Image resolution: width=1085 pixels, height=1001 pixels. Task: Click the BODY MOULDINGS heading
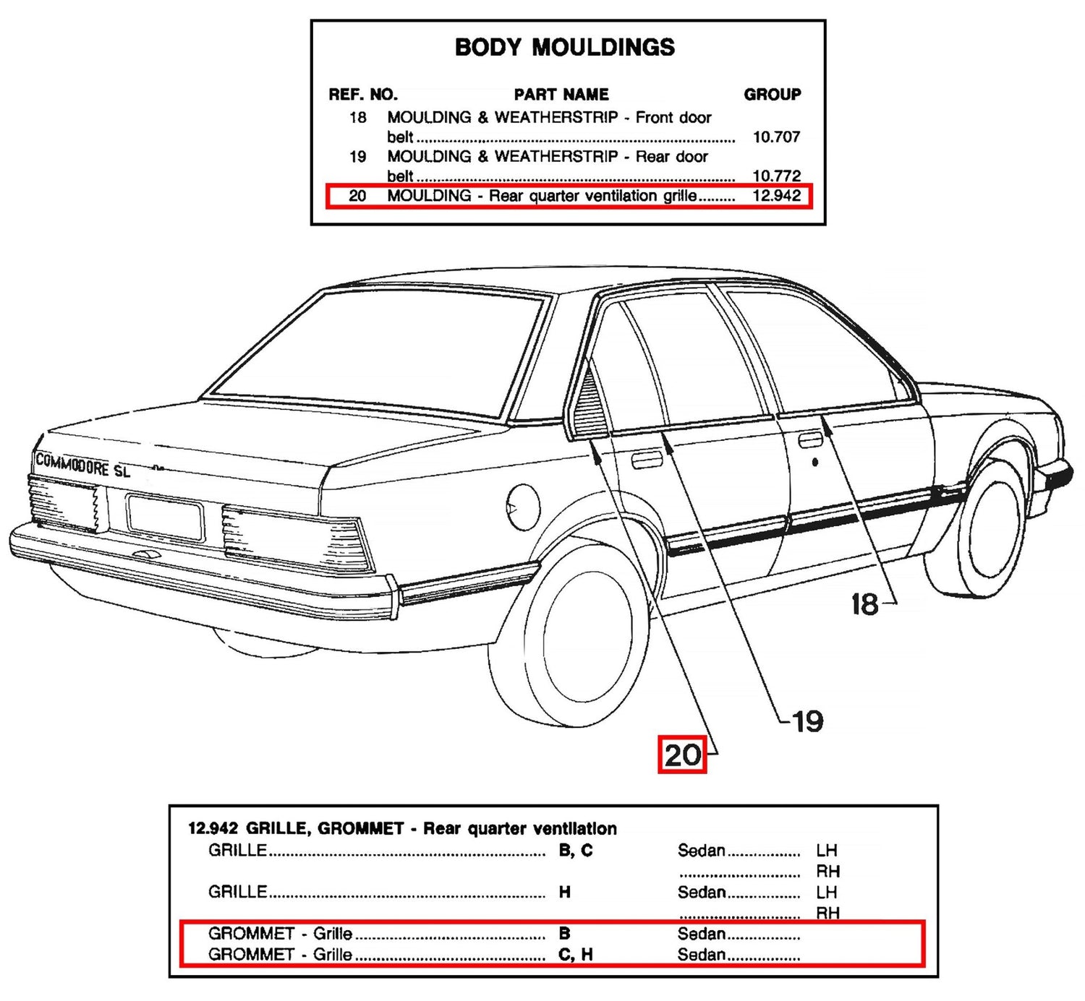pyautogui.click(x=564, y=48)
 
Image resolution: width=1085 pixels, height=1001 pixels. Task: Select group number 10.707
pyautogui.click(x=776, y=137)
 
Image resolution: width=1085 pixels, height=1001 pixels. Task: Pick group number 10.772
pyautogui.click(x=776, y=176)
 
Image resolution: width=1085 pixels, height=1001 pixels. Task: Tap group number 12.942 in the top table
pyautogui.click(x=776, y=195)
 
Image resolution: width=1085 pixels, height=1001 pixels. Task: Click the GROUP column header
pyautogui.click(x=772, y=94)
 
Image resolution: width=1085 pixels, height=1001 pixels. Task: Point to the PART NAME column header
pyautogui.click(x=561, y=94)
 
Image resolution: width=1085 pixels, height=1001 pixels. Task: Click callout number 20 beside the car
pyautogui.click(x=682, y=755)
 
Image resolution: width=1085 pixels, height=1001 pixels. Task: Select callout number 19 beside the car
pyautogui.click(x=808, y=721)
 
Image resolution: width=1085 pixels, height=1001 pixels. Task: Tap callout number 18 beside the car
pyautogui.click(x=864, y=603)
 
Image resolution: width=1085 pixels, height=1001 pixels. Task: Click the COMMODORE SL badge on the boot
pyautogui.click(x=82, y=465)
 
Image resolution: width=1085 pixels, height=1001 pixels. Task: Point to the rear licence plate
pyautogui.click(x=164, y=517)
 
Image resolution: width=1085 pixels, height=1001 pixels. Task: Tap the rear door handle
pyautogui.click(x=647, y=460)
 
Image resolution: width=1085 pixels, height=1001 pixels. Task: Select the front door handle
pyautogui.click(x=810, y=439)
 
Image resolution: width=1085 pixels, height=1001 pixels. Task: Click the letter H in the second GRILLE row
pyautogui.click(x=564, y=892)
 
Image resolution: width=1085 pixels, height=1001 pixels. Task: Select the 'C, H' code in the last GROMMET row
pyautogui.click(x=575, y=954)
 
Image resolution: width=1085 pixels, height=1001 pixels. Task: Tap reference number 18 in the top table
pyautogui.click(x=357, y=117)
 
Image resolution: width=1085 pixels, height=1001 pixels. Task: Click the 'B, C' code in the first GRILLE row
pyautogui.click(x=575, y=851)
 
